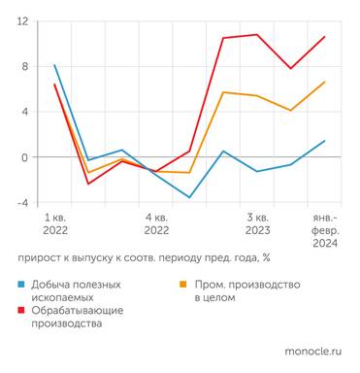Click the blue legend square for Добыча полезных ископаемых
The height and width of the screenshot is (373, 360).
point(22,285)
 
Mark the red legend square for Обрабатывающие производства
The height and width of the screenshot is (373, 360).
point(22,311)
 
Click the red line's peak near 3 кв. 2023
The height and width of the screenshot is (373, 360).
point(257,35)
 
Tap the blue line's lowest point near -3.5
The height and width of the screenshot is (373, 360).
point(189,197)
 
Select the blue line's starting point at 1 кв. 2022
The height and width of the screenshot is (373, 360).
point(54,65)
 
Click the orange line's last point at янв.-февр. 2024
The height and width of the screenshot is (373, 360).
point(324,82)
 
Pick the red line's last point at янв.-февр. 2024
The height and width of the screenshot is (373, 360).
point(324,37)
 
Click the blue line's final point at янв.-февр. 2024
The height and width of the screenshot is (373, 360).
point(324,141)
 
